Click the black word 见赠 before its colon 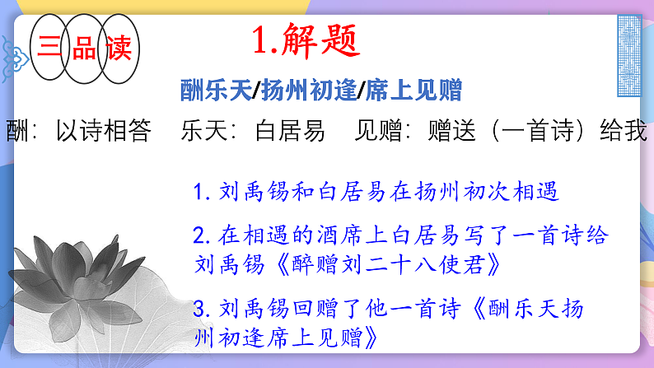coord(380,131)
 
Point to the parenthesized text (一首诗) coord(520,131)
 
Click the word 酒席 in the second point coord(334,237)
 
